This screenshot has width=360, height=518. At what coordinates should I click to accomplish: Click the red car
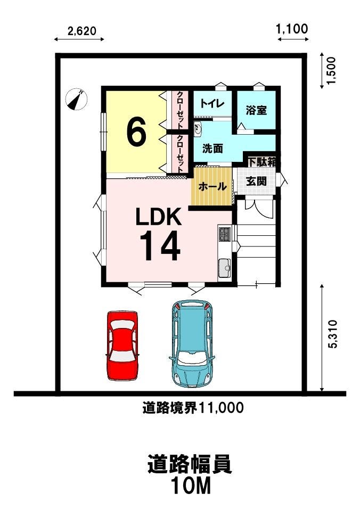click(122, 346)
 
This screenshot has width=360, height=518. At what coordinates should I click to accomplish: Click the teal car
click(191, 343)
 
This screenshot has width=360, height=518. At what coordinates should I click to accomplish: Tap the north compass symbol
click(77, 99)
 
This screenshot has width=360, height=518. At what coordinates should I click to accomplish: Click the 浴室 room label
click(256, 110)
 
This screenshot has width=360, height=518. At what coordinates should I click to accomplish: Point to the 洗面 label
click(212, 149)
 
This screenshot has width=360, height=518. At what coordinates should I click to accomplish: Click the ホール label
click(212, 187)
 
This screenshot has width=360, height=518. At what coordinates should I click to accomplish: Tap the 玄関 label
click(257, 181)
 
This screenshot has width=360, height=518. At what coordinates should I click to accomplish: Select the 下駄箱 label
click(262, 162)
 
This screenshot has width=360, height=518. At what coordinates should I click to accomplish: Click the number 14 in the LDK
click(161, 245)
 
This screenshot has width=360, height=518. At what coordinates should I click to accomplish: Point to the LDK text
click(159, 217)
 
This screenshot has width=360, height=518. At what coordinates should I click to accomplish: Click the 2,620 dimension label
click(82, 31)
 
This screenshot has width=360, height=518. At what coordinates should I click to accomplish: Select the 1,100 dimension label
click(292, 29)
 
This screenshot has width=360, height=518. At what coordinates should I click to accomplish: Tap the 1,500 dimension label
click(330, 71)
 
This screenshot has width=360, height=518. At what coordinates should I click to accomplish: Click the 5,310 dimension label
click(332, 334)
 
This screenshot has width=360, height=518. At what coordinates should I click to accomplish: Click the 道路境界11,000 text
click(193, 408)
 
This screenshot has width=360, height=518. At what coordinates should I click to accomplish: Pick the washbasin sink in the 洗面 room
click(198, 128)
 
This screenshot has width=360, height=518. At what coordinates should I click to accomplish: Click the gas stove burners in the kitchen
click(225, 234)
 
